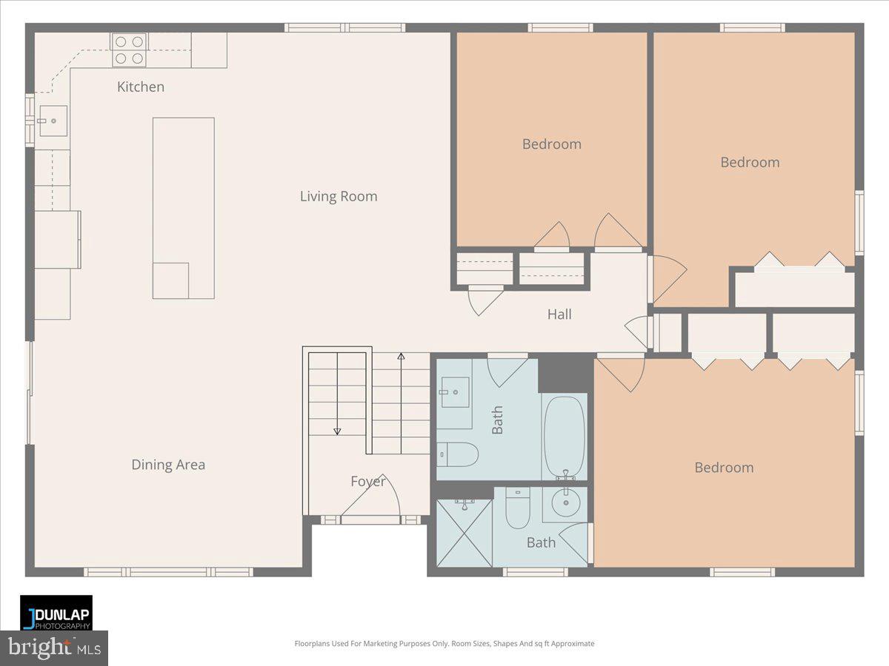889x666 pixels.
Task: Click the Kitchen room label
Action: [141, 87]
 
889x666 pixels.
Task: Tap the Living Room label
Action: [339, 196]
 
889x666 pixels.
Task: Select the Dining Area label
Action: [168, 465]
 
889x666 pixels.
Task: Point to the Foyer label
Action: [368, 482]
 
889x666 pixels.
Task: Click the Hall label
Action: [559, 314]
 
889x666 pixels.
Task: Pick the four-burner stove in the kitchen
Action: [129, 50]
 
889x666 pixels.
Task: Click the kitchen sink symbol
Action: [53, 121]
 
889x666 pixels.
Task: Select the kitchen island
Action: [184, 208]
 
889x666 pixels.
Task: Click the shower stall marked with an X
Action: [465, 533]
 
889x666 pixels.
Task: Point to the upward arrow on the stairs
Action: [401, 358]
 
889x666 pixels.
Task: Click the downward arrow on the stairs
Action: [337, 431]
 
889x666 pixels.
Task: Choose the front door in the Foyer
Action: [370, 519]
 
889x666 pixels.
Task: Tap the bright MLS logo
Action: [54, 648]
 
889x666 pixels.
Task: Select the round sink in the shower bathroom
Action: [565, 505]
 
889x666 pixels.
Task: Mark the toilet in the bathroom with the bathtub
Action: [457, 454]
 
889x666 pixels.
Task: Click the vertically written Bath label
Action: [498, 420]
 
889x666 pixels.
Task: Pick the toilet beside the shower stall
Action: [516, 509]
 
